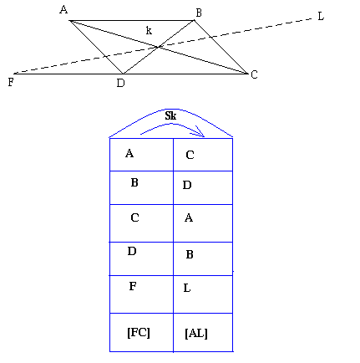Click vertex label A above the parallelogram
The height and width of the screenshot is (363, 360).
[x=63, y=10]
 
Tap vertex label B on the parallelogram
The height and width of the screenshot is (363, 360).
[x=198, y=13]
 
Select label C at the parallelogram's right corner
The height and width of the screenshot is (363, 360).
[x=254, y=75]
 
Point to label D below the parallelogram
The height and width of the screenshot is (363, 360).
[x=121, y=84]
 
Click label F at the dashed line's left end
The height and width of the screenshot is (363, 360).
[x=10, y=82]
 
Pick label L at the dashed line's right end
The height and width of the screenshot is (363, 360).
[x=321, y=16]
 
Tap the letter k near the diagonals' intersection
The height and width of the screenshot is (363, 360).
[x=149, y=31]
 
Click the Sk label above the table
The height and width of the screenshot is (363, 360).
[x=170, y=115]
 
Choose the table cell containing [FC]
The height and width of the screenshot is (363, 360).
[x=141, y=333]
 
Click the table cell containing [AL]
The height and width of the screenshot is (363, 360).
[x=202, y=333]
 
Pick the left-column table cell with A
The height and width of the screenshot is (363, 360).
[x=141, y=155]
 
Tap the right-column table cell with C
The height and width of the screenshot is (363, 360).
[x=202, y=155]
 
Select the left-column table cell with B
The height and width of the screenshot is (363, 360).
[x=141, y=187]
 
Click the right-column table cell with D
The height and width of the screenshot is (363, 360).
[x=202, y=187]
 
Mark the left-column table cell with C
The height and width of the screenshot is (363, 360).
[x=141, y=222]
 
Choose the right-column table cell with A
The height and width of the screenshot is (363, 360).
[x=202, y=222]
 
